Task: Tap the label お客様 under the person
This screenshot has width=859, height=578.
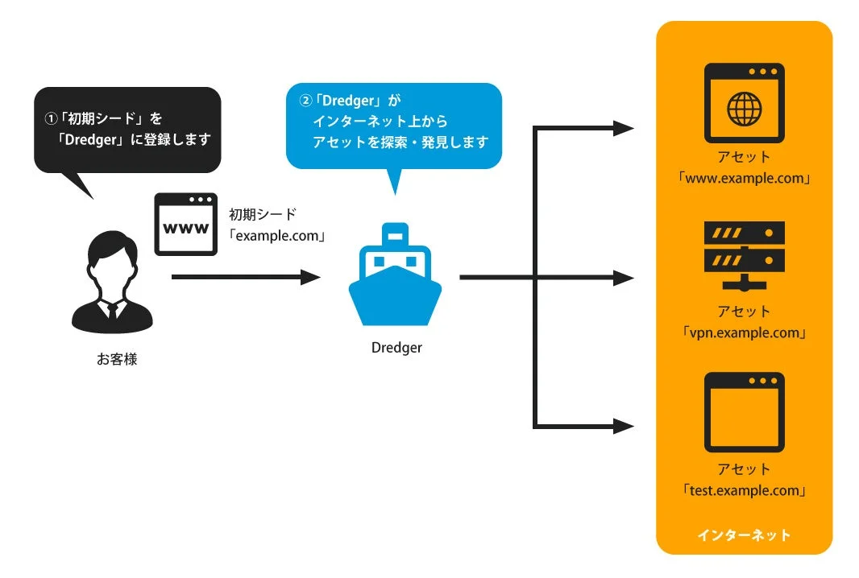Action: coord(117,359)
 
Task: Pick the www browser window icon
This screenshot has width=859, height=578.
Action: coord(186,225)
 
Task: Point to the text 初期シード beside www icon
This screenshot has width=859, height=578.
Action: coord(263,215)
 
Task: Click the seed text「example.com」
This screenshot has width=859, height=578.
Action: coord(276,237)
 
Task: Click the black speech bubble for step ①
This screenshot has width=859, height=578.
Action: coord(127,129)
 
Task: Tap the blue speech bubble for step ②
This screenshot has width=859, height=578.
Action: coord(393,126)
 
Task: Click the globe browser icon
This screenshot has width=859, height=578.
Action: coord(744,103)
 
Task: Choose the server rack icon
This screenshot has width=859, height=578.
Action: coord(744,255)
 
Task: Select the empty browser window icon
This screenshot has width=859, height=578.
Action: coord(744,412)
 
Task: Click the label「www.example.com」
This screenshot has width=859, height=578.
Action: coord(744,178)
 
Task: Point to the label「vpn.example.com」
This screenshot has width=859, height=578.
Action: coord(744,332)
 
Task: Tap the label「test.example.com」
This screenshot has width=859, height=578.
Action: coord(744,490)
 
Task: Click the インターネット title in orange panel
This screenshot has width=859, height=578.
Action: coord(744,535)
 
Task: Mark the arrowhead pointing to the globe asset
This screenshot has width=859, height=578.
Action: coord(625,127)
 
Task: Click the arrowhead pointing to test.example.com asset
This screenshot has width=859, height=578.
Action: coord(625,426)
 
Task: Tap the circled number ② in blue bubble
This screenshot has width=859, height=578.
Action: coord(305,102)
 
